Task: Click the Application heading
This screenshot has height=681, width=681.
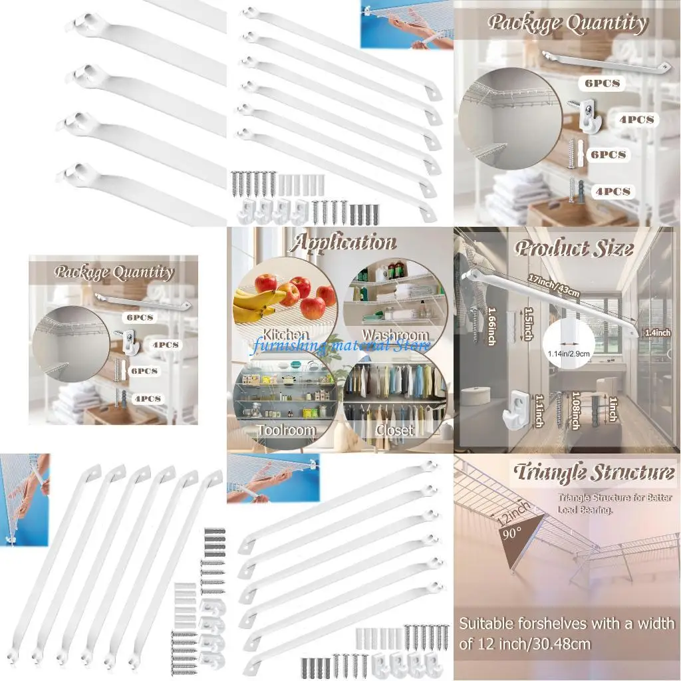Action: coord(342,243)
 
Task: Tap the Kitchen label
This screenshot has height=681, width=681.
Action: coord(285,335)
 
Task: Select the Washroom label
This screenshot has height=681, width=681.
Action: coord(394,335)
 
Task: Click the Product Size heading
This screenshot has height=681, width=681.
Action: coord(573,249)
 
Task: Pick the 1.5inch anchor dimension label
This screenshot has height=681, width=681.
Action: coord(527,323)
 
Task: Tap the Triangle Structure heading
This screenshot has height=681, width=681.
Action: coord(593,474)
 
